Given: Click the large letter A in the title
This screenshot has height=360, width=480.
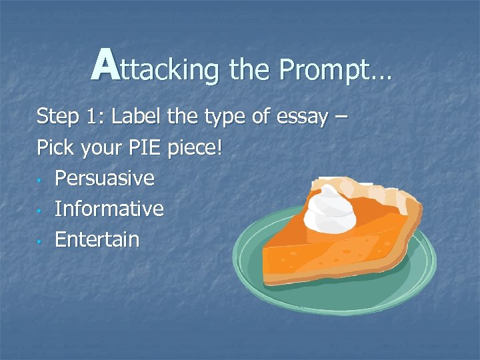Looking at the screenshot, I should coord(106,65).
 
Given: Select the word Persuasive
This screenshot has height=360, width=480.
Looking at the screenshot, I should coord(105,178).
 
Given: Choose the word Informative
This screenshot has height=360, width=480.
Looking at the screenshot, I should coord(109,209).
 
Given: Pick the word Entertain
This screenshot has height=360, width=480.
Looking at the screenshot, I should coord(97,239).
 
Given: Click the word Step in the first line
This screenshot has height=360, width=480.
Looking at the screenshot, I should coord(57,117).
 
